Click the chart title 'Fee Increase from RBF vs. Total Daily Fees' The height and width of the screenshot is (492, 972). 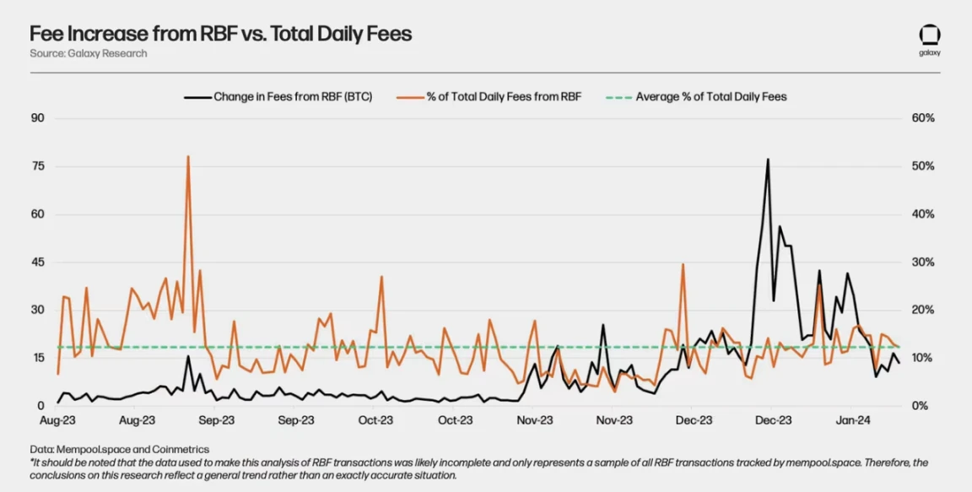click(221, 34)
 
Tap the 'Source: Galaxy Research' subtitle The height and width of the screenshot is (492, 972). click(89, 53)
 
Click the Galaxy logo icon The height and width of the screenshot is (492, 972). click(930, 35)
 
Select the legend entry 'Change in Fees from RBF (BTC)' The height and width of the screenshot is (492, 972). click(293, 97)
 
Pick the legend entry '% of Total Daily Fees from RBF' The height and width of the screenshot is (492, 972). click(504, 97)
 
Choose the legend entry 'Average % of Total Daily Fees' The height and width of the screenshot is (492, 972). click(710, 97)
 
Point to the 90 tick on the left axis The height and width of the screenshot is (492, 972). click(37, 118)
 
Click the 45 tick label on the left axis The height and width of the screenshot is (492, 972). click(37, 262)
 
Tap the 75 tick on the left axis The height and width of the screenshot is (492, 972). click(37, 166)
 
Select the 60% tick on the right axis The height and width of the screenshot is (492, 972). click(924, 118)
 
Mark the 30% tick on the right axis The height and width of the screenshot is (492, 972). click(924, 262)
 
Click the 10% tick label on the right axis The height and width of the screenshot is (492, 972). click(924, 358)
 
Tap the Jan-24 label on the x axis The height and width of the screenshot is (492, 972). click(853, 419)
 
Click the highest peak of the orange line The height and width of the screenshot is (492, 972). click(187, 156)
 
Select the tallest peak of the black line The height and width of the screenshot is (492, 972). click(768, 159)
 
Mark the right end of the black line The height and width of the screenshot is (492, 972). click(899, 363)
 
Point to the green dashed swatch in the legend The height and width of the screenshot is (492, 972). click(618, 97)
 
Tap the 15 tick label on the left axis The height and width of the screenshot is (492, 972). click(37, 358)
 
